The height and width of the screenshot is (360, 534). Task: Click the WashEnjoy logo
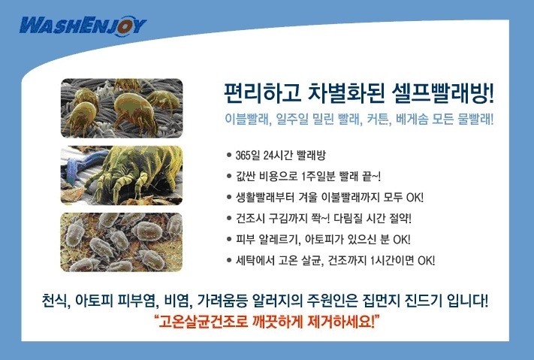(83, 26)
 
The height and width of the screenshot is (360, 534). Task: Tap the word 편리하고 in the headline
(262, 93)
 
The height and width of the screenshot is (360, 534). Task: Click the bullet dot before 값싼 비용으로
(229, 177)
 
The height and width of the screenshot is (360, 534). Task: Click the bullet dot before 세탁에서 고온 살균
(229, 261)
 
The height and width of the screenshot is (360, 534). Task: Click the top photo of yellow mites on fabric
(122, 108)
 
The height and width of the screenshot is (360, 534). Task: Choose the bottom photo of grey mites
(122, 242)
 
